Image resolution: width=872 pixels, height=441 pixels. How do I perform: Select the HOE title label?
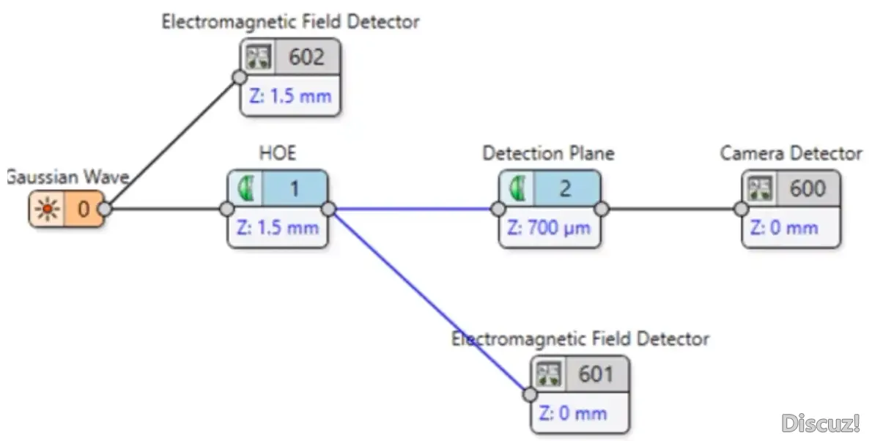click(x=277, y=153)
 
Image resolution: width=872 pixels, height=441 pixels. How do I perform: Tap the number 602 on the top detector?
click(x=307, y=57)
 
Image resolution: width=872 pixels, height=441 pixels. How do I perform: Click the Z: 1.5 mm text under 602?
click(x=290, y=96)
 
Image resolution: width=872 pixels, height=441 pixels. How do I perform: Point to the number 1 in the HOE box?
click(x=294, y=189)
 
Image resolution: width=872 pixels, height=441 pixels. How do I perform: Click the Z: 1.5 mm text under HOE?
click(x=278, y=227)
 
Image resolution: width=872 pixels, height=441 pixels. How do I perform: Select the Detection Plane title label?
click(x=548, y=153)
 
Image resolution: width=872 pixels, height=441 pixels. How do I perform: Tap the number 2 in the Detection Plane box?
click(x=565, y=189)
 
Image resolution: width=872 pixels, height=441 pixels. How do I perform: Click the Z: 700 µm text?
click(x=549, y=227)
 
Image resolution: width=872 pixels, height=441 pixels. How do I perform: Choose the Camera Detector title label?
click(x=791, y=153)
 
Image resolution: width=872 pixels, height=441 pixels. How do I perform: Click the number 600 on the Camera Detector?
click(x=807, y=189)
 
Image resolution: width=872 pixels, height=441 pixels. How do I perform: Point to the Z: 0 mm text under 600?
click(x=784, y=227)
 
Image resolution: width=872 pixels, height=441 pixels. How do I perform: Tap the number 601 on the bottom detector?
click(x=595, y=374)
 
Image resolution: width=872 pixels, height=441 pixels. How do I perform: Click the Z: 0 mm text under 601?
click(x=572, y=412)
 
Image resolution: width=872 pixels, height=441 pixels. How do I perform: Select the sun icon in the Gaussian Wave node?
click(x=48, y=210)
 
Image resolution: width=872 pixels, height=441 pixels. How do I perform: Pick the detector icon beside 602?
click(x=258, y=57)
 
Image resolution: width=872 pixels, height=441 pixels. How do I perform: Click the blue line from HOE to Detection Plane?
click(x=414, y=209)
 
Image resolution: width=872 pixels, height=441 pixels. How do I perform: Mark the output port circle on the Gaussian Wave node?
click(x=105, y=210)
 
